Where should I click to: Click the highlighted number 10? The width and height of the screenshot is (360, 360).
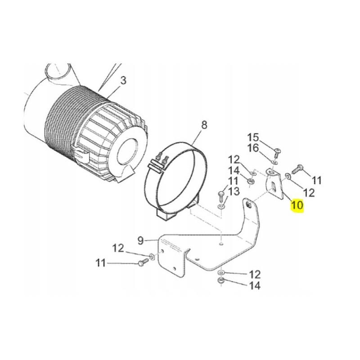pos(297,206)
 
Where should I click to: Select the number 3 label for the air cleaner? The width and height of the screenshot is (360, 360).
pos(123,81)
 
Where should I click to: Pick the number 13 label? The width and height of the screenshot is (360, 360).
pos(233,192)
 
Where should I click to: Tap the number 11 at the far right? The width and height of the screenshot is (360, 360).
pos(317,180)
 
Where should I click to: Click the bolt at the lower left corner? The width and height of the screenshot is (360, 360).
pos(142,263)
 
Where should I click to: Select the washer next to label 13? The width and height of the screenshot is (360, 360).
pos(221,206)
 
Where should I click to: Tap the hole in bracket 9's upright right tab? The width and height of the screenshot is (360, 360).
pos(249,206)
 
